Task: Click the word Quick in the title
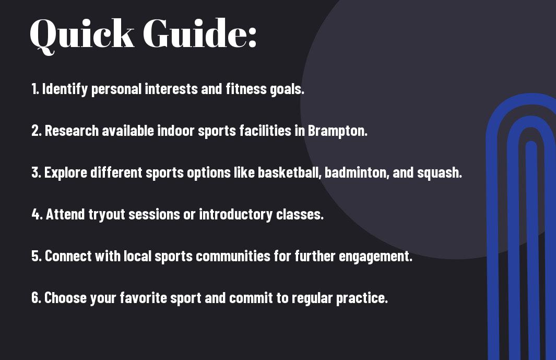(82, 34)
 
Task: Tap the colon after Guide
(252, 38)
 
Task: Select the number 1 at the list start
(34, 89)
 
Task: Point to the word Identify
(65, 89)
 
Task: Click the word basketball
(288, 172)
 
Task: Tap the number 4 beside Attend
(36, 214)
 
